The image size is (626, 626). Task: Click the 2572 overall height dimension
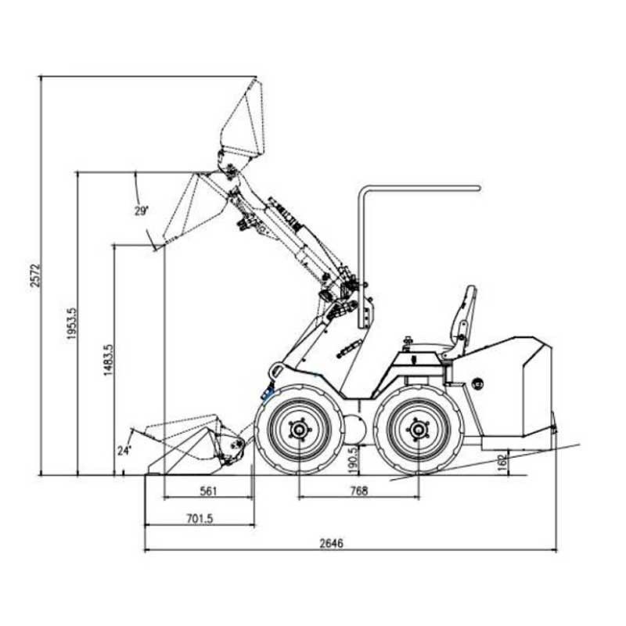35,275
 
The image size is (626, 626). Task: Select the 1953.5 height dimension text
71,323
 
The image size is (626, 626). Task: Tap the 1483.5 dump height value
109,360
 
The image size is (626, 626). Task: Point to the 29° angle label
141,210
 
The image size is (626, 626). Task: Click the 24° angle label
124,451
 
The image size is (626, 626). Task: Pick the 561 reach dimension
208,491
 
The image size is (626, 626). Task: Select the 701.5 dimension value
200,519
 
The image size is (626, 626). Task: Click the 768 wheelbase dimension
358,491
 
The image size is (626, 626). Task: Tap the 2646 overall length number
331,543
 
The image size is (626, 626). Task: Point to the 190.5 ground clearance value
353,460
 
